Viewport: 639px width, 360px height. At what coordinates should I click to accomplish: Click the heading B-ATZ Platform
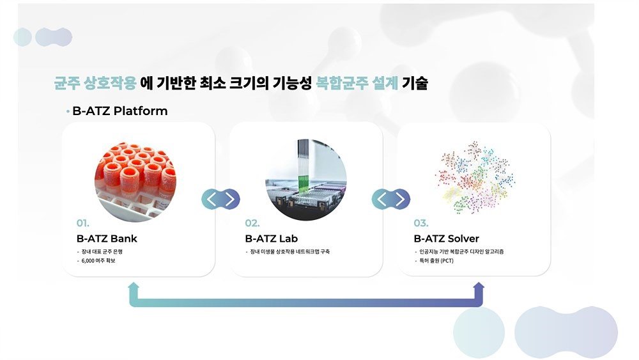pyautogui.click(x=120, y=111)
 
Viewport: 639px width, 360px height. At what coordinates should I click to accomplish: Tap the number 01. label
pyautogui.click(x=82, y=223)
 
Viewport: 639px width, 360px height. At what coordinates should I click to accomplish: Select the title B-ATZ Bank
pyautogui.click(x=107, y=239)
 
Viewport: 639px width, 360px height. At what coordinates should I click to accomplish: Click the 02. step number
pyautogui.click(x=252, y=223)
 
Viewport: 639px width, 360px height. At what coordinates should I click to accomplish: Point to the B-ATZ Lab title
pyautogui.click(x=272, y=239)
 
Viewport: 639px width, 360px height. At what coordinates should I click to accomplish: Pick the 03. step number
pyautogui.click(x=421, y=223)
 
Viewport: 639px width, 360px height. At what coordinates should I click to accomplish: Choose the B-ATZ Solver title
pyautogui.click(x=446, y=239)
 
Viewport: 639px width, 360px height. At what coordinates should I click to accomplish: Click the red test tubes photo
pyautogui.click(x=135, y=182)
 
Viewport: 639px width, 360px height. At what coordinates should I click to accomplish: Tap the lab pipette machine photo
pyautogui.click(x=306, y=180)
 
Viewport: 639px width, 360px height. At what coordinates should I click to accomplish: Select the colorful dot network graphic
pyautogui.click(x=475, y=177)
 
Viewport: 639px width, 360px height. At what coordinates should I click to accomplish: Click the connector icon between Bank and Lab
pyautogui.click(x=220, y=199)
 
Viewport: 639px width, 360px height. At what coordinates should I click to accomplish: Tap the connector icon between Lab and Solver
pyautogui.click(x=391, y=199)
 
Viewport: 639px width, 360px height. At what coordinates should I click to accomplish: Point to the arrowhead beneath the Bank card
pyautogui.click(x=134, y=286)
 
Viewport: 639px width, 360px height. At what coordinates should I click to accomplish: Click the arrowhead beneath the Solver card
pyautogui.click(x=479, y=286)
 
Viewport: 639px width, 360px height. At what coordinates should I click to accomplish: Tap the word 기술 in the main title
pyautogui.click(x=415, y=84)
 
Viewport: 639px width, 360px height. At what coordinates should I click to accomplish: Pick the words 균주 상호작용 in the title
pyautogui.click(x=95, y=84)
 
